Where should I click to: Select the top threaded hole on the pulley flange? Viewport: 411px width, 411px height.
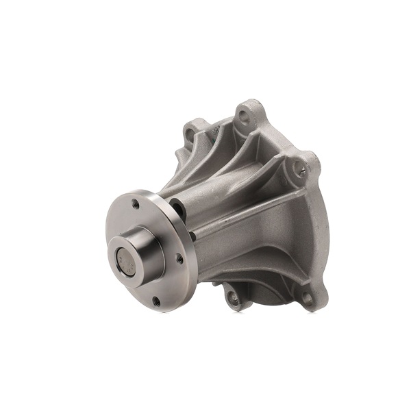point(135,203)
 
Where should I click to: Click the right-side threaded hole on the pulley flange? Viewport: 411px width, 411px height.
point(179,258)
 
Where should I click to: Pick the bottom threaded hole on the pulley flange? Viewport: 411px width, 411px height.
point(156,300)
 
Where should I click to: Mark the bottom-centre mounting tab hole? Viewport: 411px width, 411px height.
point(231,295)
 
